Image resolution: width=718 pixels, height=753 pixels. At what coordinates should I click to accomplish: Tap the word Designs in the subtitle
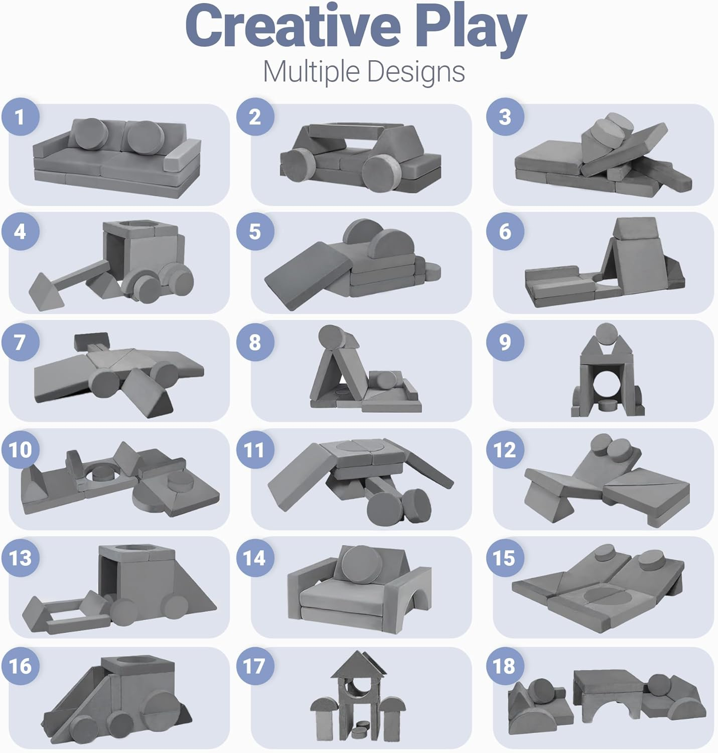pos(416,72)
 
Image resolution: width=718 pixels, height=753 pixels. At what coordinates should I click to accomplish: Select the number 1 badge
pos(20,117)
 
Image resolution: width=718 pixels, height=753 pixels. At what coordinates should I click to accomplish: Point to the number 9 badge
pos(505,342)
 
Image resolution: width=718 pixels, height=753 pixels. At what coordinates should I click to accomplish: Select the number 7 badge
pos(20,342)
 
